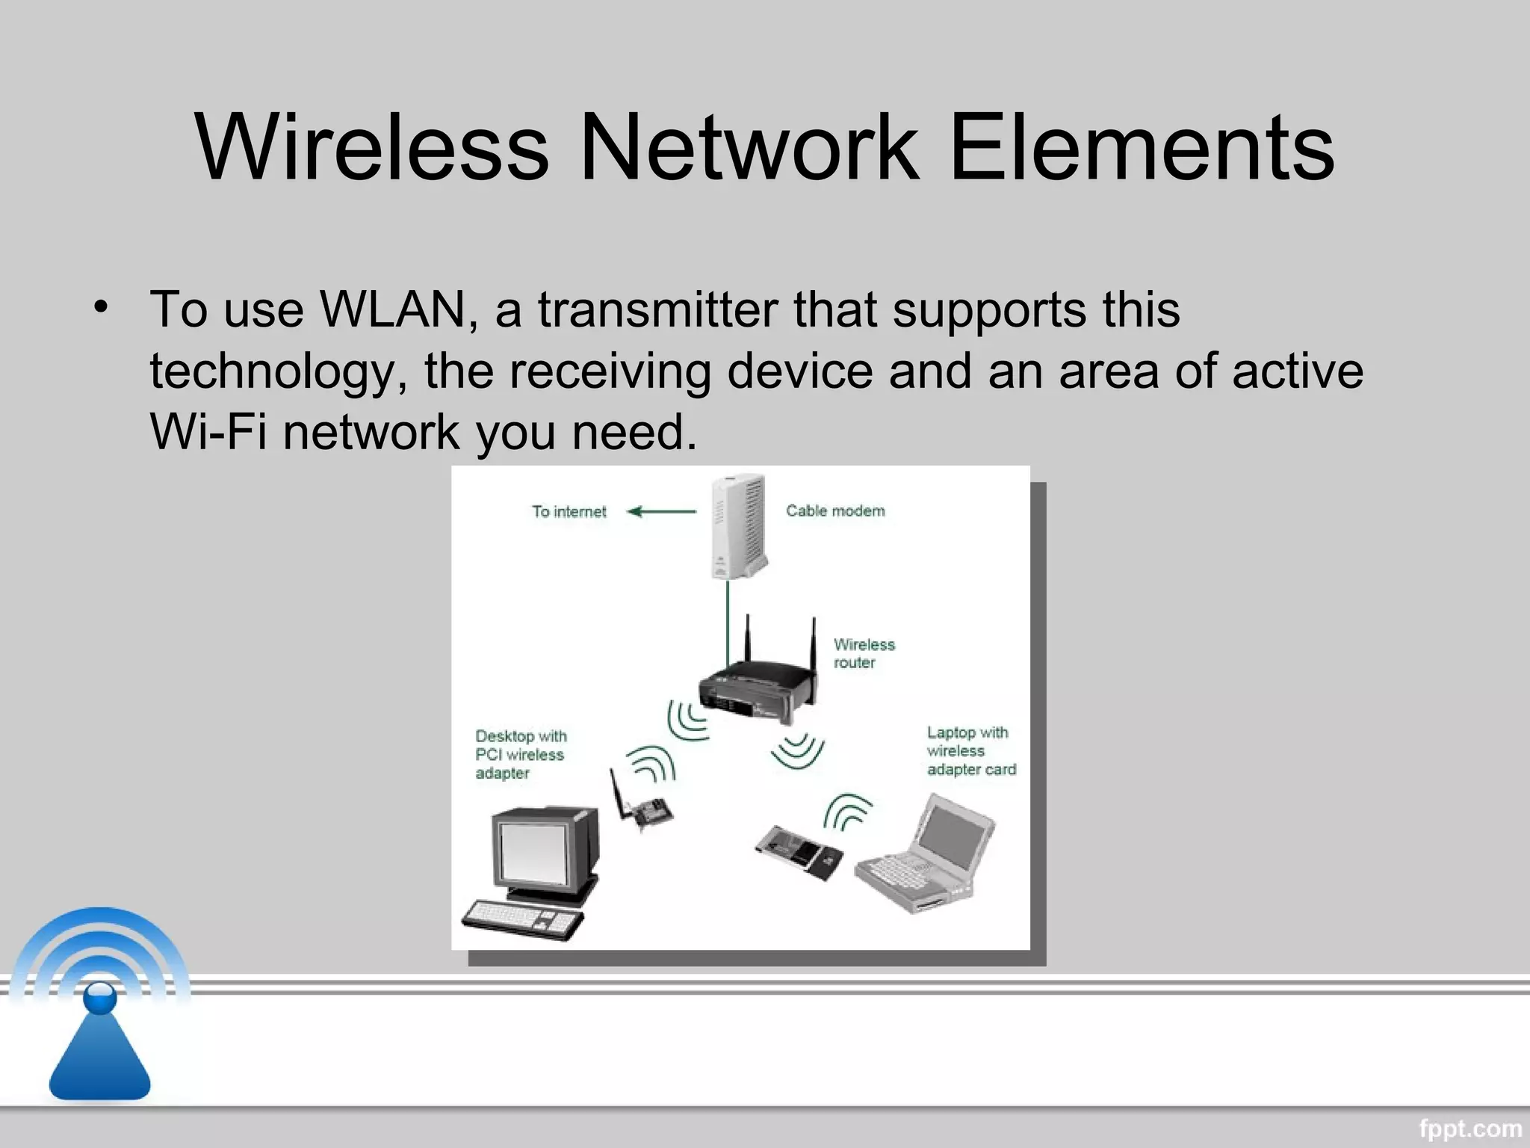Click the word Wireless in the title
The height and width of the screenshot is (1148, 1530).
click(372, 146)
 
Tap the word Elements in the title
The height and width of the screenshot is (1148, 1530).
click(1141, 146)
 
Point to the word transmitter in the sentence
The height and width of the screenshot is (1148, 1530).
click(657, 309)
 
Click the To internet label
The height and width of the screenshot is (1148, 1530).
click(569, 512)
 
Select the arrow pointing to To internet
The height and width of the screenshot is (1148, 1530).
click(661, 512)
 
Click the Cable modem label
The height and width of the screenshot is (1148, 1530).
click(835, 511)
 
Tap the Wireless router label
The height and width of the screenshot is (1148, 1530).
click(864, 653)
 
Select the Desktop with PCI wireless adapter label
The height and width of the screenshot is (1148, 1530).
click(521, 754)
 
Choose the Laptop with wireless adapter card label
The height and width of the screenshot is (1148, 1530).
click(970, 750)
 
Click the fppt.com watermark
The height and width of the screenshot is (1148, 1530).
click(1469, 1127)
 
